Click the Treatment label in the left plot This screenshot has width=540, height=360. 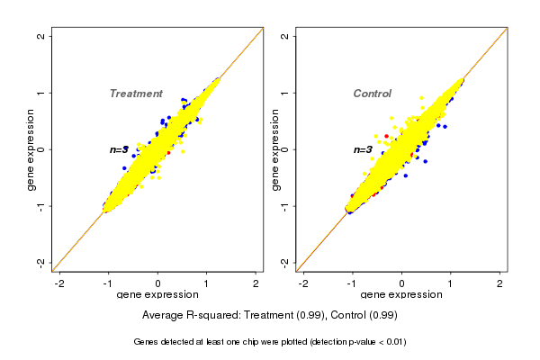tap(136, 94)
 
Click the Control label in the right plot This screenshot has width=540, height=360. tap(372, 94)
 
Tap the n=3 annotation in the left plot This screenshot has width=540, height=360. tap(119, 149)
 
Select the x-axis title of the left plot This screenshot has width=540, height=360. tap(157, 295)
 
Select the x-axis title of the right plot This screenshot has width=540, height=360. tap(401, 295)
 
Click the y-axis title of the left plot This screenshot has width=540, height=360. tap(32, 149)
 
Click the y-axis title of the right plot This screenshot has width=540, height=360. tap(275, 149)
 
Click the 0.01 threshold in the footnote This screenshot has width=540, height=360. tap(393, 342)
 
